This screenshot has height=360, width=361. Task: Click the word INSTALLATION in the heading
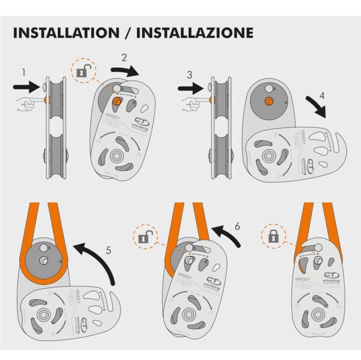(x=69, y=32)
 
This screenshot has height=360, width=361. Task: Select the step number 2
(x=124, y=58)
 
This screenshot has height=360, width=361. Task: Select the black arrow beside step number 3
(x=191, y=88)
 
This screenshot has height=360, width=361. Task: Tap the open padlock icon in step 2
(x=82, y=72)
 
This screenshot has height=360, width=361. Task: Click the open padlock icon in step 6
(x=144, y=237)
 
